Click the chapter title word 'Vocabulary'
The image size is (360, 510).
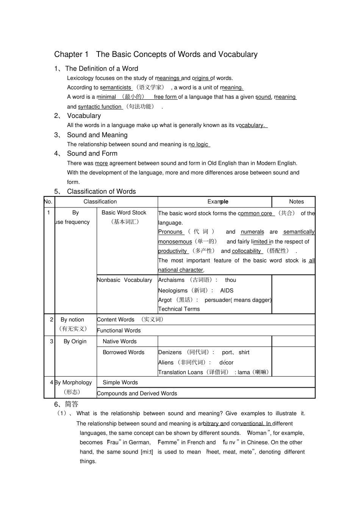(x=237, y=54)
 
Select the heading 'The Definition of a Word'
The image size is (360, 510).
(x=102, y=69)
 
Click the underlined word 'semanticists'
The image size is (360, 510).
(x=116, y=88)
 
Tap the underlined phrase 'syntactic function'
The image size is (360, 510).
(x=100, y=107)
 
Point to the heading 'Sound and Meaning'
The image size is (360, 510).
(x=97, y=135)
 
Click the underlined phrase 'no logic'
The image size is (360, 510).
(x=199, y=144)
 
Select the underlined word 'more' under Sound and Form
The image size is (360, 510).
(x=101, y=163)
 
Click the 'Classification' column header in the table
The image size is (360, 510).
(x=100, y=202)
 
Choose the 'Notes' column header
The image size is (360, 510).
(x=296, y=202)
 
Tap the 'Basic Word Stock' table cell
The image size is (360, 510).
(x=124, y=213)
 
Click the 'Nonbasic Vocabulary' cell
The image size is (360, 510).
(x=124, y=280)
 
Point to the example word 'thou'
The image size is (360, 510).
(x=230, y=280)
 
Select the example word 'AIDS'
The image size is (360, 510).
(x=227, y=290)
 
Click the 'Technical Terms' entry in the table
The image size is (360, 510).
(x=179, y=309)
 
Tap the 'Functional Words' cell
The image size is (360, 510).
(x=119, y=331)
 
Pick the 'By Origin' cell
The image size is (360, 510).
(x=75, y=342)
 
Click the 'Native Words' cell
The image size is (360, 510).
(x=119, y=342)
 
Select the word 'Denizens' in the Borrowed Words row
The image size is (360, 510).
(x=170, y=353)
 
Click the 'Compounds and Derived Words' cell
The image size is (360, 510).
(x=137, y=394)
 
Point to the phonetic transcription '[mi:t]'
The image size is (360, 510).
(x=147, y=452)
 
